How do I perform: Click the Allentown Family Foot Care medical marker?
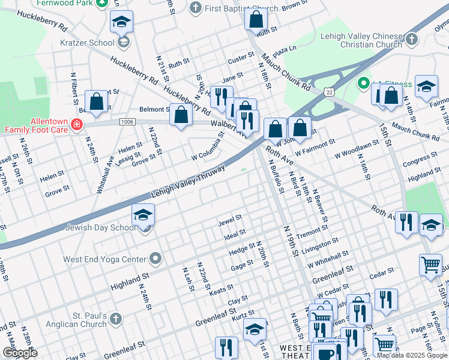click(76, 125)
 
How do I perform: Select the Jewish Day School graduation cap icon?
click(143, 215)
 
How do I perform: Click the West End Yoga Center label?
click(105, 259)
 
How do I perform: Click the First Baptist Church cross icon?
click(194, 8)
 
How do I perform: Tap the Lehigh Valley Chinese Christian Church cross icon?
click(411, 40)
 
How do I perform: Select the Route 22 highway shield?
click(328, 91)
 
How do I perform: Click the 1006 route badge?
click(127, 122)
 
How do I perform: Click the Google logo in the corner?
click(20, 353)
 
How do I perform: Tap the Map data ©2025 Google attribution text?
click(412, 355)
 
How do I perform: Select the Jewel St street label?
click(230, 220)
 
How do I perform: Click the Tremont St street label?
click(310, 232)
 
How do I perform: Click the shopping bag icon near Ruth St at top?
click(256, 19)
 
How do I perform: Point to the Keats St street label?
click(221, 289)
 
